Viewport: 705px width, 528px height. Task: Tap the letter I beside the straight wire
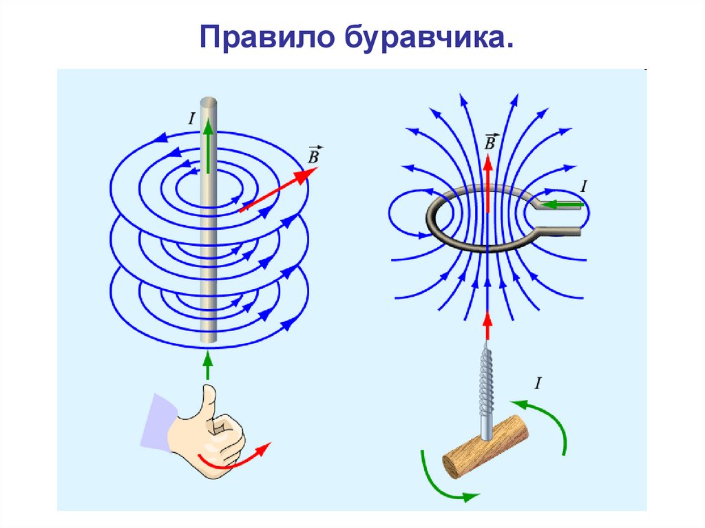click(x=191, y=118)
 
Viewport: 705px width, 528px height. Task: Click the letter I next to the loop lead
click(x=584, y=186)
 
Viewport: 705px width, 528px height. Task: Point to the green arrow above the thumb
click(x=207, y=365)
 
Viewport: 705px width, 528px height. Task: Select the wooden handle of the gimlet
click(x=485, y=447)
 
